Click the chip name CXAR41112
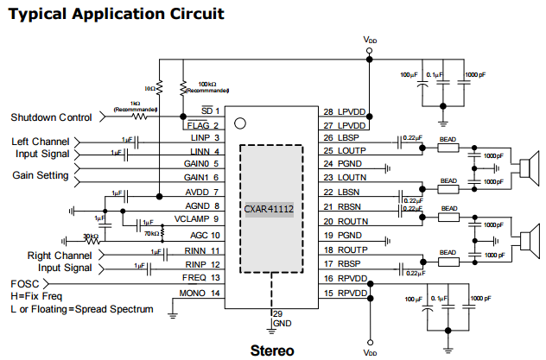coord(270,208)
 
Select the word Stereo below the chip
coord(272,351)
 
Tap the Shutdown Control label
coord(51,117)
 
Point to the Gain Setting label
coord(41,175)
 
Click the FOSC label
coord(25,283)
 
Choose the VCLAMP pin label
coord(193,219)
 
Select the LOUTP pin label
coord(353,150)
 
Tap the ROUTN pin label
coord(353,220)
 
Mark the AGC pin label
coord(198,235)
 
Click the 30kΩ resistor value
coord(90,236)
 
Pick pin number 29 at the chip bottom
coord(277,313)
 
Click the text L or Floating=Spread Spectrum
coord(82,308)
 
